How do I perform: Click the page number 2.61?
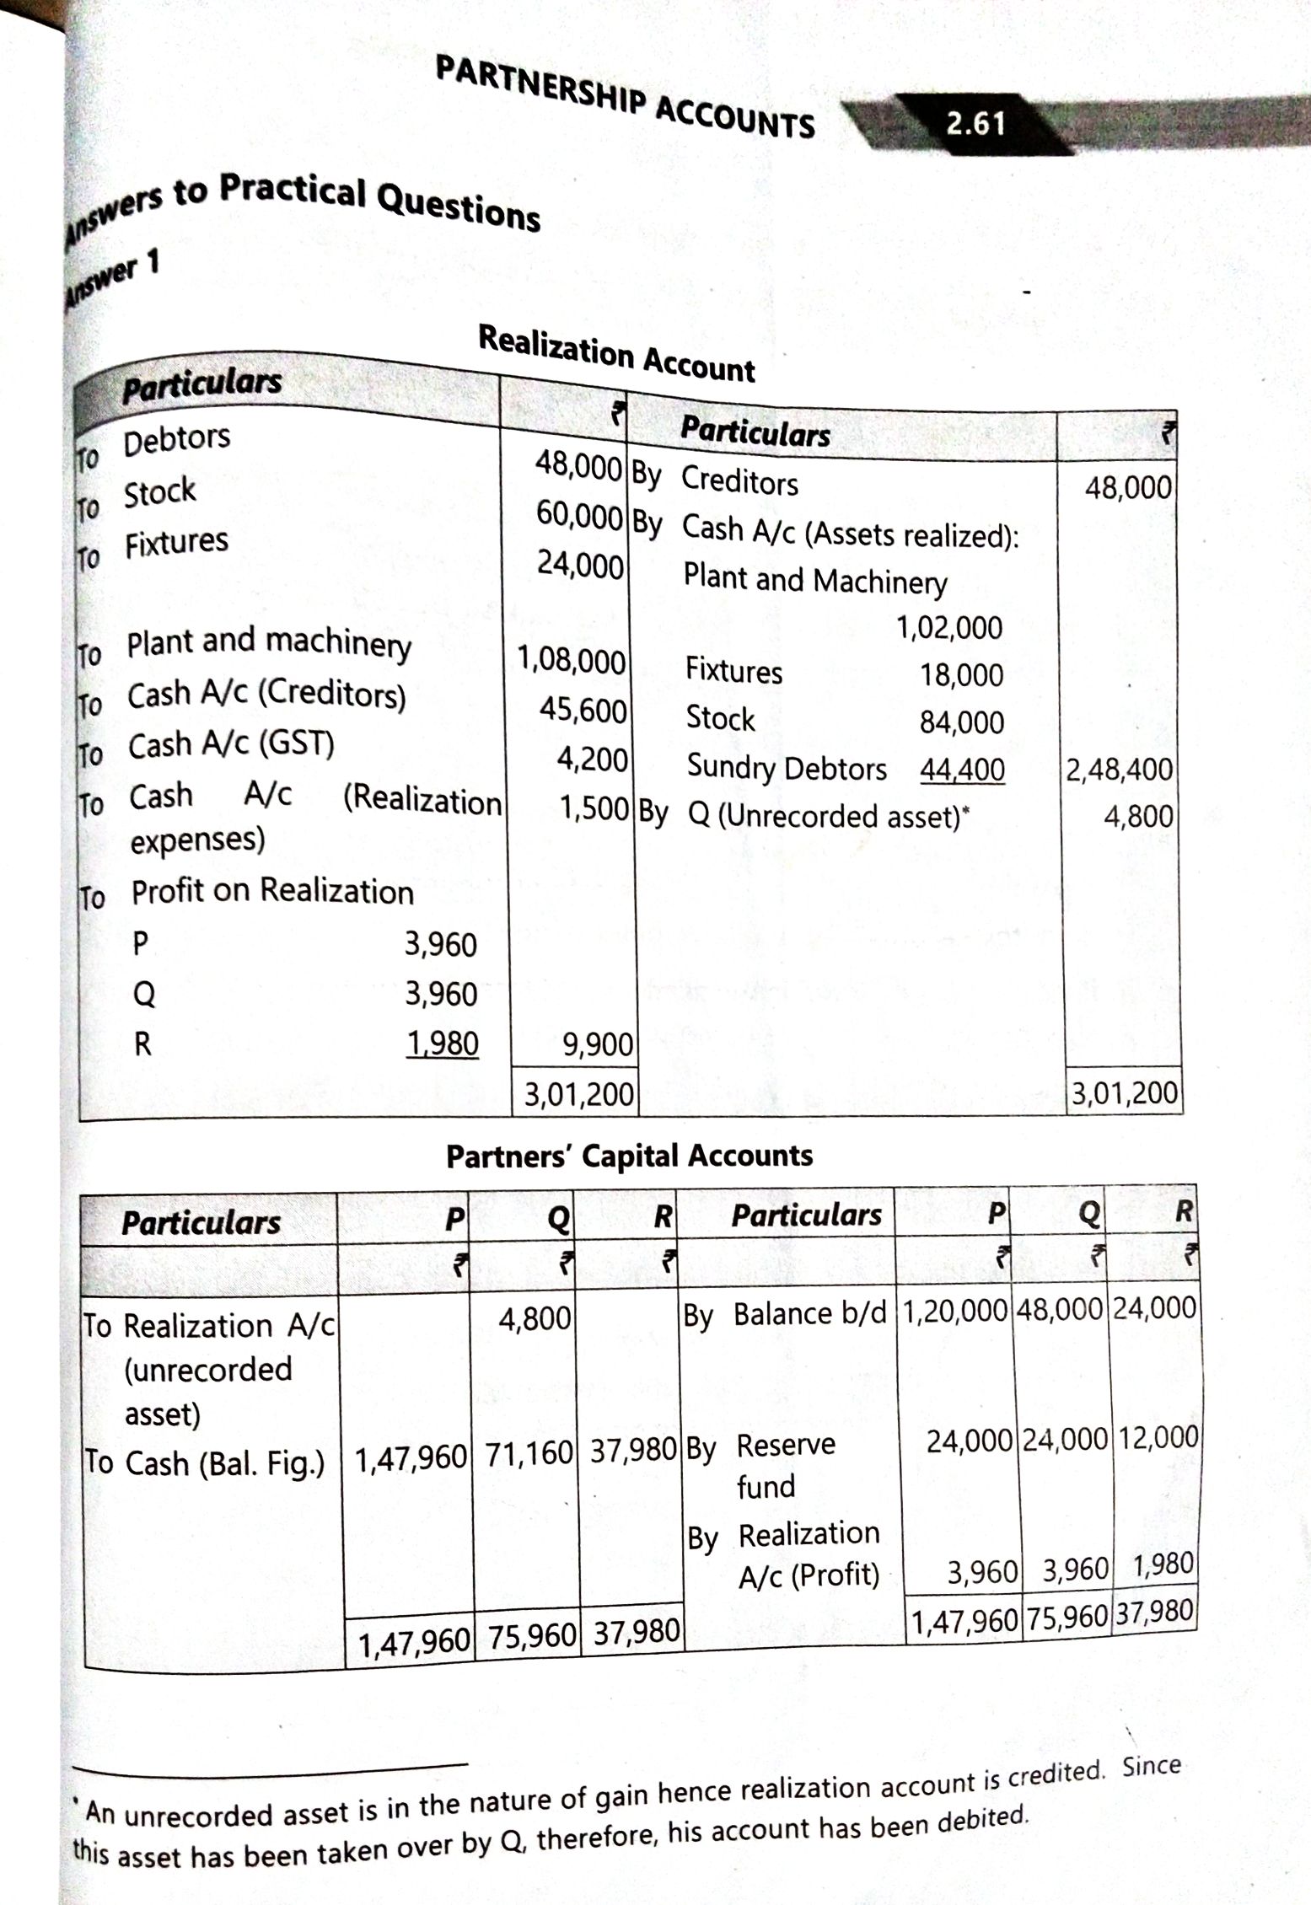pyautogui.click(x=975, y=123)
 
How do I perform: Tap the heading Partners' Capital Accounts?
pyautogui.click(x=629, y=1156)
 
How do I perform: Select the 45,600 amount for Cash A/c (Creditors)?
pyautogui.click(x=583, y=711)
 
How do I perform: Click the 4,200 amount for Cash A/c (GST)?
pyautogui.click(x=592, y=759)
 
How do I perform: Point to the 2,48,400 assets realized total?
pyautogui.click(x=1119, y=770)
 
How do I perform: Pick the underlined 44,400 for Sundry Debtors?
pyautogui.click(x=962, y=769)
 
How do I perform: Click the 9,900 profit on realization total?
pyautogui.click(x=598, y=1044)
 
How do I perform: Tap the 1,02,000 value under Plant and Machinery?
pyautogui.click(x=949, y=628)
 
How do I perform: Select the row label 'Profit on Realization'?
pyautogui.click(x=271, y=892)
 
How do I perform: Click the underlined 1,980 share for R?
pyautogui.click(x=442, y=1044)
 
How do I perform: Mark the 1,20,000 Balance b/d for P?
pyautogui.click(x=955, y=1311)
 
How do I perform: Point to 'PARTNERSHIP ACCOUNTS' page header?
pyautogui.click(x=625, y=97)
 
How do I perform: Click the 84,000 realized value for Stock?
pyautogui.click(x=961, y=722)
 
